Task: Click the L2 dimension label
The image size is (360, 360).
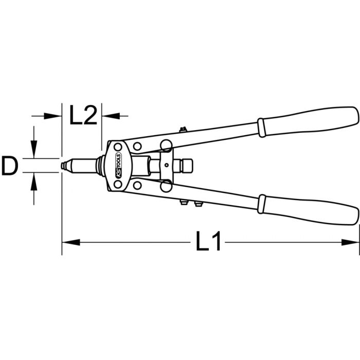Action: tap(83, 115)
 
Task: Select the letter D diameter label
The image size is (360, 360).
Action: tap(10, 165)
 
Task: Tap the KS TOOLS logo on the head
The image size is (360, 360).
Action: tap(118, 165)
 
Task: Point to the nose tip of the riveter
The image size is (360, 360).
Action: tap(62, 166)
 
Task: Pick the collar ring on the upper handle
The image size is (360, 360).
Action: tap(261, 128)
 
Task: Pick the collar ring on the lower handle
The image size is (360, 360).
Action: tap(261, 204)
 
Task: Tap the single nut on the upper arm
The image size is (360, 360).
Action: tap(183, 130)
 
